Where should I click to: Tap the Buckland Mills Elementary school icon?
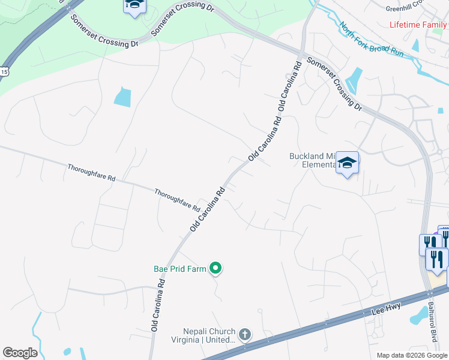[348, 163]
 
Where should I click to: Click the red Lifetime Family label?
[418, 25]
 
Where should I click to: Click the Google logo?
[20, 353]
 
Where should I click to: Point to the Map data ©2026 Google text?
[411, 355]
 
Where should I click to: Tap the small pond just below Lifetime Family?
[415, 45]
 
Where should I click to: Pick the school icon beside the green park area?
[135, 6]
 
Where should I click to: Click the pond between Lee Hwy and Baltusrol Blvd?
[415, 314]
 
